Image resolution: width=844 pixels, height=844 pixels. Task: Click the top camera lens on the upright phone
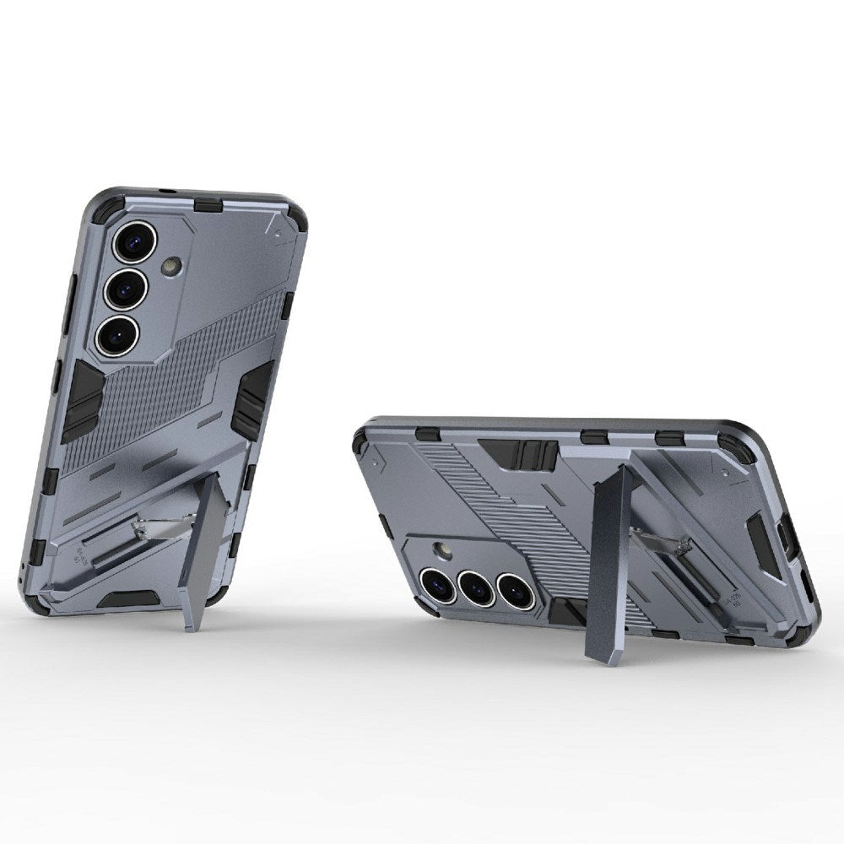tap(134, 242)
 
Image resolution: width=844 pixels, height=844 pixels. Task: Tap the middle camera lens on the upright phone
tap(126, 289)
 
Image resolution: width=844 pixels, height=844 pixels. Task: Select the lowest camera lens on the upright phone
tap(117, 335)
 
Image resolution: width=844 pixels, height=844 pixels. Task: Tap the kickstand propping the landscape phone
tap(609, 557)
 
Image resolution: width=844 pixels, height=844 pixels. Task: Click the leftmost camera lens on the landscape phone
tap(438, 586)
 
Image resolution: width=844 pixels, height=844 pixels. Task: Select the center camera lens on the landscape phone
tap(477, 589)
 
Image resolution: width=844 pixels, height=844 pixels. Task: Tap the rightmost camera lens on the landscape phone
tap(515, 592)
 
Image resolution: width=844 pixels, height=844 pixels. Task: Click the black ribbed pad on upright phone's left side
tap(82, 400)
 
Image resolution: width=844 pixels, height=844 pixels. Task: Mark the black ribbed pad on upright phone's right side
tap(253, 398)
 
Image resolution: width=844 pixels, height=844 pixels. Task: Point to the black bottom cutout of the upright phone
tap(127, 598)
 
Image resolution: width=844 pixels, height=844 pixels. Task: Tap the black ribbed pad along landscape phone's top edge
tap(519, 454)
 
